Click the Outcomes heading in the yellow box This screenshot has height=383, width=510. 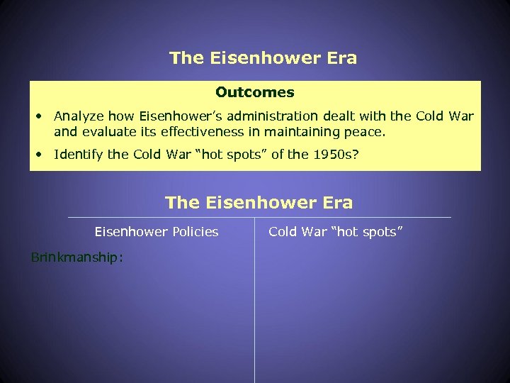tap(255, 92)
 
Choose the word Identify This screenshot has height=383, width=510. tap(79, 154)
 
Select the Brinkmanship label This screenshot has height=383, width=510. tap(77, 257)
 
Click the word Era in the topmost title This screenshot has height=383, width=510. tap(341, 58)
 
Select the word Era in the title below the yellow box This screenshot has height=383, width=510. tap(336, 203)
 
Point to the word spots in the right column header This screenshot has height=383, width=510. tap(383, 232)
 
